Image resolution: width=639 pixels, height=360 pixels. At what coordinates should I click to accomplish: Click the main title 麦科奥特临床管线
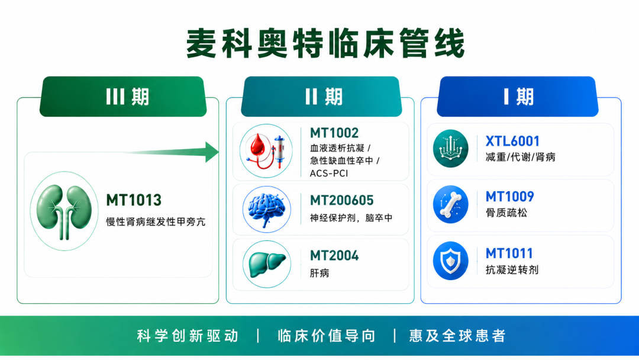[325, 43]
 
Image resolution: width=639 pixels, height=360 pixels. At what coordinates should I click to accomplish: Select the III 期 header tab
[123, 97]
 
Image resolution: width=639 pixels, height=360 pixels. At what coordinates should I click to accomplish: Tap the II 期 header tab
[321, 97]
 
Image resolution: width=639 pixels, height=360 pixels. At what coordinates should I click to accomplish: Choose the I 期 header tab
[518, 97]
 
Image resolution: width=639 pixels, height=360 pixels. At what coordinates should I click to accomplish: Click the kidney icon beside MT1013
[64, 211]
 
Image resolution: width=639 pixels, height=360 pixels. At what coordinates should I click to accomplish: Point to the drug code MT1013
[134, 200]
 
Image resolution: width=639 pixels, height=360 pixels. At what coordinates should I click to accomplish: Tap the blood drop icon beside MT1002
[266, 151]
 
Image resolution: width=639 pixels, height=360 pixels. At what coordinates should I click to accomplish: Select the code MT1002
[334, 133]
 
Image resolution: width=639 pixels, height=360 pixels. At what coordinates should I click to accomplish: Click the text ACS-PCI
[329, 173]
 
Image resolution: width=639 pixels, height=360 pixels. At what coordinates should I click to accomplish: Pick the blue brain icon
[266, 209]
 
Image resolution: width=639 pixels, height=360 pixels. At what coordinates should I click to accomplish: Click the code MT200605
[341, 201]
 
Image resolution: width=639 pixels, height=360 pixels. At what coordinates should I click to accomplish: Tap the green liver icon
[266, 264]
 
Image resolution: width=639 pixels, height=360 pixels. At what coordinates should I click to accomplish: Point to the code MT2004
[334, 256]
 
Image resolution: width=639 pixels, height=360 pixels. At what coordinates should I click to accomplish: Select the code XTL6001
[512, 142]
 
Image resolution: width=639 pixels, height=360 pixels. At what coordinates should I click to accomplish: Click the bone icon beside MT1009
[451, 204]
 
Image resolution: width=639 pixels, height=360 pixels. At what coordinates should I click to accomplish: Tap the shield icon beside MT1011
[451, 261]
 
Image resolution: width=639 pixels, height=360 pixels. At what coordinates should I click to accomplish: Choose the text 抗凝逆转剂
[512, 270]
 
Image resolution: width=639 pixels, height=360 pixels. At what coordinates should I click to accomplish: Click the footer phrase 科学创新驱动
[188, 336]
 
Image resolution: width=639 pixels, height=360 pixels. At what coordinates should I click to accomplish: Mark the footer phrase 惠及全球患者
[457, 336]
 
